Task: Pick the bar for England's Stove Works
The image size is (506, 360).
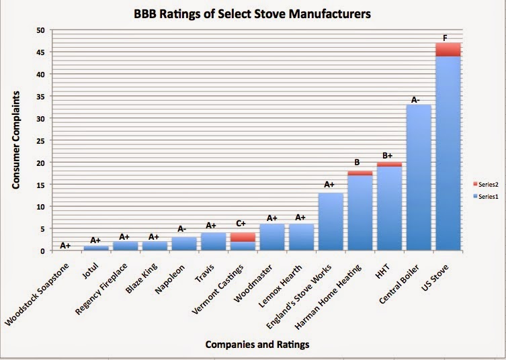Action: coord(331,222)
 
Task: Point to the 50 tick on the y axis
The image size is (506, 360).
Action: coord(41,30)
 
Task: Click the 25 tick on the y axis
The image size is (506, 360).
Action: coord(41,140)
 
